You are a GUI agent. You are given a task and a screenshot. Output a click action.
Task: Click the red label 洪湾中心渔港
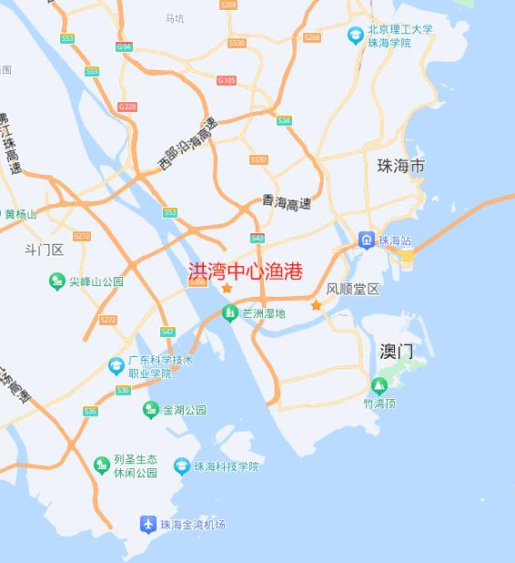[x=244, y=271]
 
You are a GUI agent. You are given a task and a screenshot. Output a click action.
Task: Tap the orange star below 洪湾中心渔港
[x=227, y=289]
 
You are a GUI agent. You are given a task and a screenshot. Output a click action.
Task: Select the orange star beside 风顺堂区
[x=316, y=305]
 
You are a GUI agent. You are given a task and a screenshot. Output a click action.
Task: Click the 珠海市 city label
[x=400, y=167]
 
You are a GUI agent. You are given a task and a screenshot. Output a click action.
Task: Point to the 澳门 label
[x=397, y=351]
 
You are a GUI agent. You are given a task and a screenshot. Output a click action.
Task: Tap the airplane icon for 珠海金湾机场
[x=147, y=524]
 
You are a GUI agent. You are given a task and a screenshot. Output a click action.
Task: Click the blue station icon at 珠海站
[x=366, y=241]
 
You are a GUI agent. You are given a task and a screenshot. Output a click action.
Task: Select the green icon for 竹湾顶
[x=378, y=385]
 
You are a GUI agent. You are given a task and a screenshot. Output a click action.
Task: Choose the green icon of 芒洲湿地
[x=229, y=313]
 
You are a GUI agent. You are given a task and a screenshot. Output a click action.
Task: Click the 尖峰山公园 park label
[x=96, y=282]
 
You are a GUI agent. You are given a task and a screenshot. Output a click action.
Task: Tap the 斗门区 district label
[x=44, y=250]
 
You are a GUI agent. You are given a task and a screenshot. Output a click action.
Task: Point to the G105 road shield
[x=227, y=80]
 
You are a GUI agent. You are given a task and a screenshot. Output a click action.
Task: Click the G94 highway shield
[x=124, y=46]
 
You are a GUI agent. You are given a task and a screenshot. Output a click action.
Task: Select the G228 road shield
[x=127, y=107]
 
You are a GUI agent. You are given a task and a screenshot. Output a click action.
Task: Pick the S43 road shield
[x=257, y=238]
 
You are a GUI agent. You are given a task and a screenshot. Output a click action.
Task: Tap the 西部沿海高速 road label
[x=187, y=145]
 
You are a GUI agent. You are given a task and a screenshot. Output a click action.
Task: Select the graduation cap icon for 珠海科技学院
[x=182, y=466]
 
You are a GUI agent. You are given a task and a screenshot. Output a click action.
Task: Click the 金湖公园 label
[x=184, y=411]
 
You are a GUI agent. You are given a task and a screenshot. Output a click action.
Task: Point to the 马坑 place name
[x=174, y=18]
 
